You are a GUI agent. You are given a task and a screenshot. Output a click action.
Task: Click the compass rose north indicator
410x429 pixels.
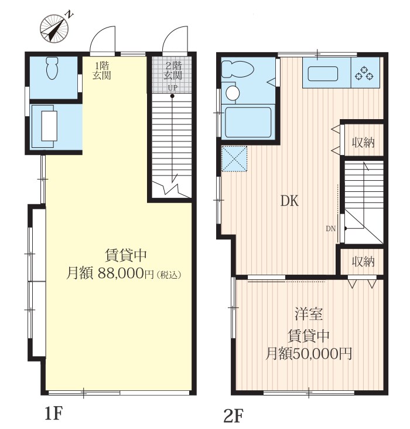pyautogui.click(x=54, y=28)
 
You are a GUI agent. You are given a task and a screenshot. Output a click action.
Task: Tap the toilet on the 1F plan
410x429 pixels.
pyautogui.click(x=52, y=68)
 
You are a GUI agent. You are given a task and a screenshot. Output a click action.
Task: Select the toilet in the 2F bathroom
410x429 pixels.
pyautogui.click(x=237, y=69)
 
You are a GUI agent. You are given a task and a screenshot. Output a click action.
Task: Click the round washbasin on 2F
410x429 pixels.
pyautogui.click(x=233, y=93)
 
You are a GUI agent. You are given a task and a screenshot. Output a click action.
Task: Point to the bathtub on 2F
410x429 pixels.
pyautogui.click(x=248, y=121)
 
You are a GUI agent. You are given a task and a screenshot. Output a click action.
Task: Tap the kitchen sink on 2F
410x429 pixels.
pyautogui.click(x=323, y=74)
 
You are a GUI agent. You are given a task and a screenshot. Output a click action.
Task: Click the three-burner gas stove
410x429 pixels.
pyautogui.click(x=364, y=73)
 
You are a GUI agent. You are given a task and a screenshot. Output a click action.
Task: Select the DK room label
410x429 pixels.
pyautogui.click(x=289, y=201)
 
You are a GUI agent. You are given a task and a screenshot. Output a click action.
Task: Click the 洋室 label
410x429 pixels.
pyautogui.click(x=309, y=314)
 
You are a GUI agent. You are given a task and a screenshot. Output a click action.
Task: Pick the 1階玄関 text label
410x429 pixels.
pyautogui.click(x=101, y=70)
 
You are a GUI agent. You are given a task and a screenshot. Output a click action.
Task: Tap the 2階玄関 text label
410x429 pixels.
pyautogui.click(x=173, y=70)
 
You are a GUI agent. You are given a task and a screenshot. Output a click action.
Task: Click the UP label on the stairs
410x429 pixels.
pyautogui.click(x=173, y=88)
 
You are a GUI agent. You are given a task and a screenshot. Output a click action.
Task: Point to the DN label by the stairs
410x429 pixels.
pyautogui.click(x=331, y=229)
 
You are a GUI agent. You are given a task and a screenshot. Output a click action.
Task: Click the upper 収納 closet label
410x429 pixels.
pyautogui.click(x=363, y=143)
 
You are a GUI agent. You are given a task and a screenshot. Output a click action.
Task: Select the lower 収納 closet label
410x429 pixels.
pyautogui.click(x=363, y=262)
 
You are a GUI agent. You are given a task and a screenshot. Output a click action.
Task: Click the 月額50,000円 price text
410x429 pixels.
pyautogui.click(x=309, y=354)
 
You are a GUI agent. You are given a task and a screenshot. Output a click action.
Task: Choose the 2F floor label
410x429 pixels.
pyautogui.click(x=233, y=416)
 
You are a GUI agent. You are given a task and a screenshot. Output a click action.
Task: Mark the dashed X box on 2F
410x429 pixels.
pyautogui.click(x=234, y=159)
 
